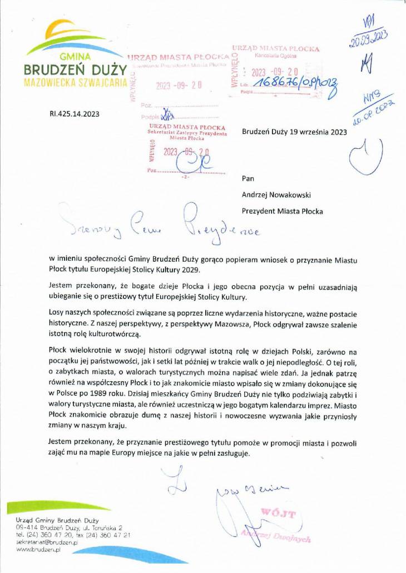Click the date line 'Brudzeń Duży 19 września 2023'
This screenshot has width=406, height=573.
point(295,132)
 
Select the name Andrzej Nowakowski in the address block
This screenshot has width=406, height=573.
point(276,195)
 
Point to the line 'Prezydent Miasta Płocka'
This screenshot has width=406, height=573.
point(282,211)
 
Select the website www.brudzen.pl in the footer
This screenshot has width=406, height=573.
point(38,549)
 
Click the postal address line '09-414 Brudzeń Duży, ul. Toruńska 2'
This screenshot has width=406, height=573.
point(70,527)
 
